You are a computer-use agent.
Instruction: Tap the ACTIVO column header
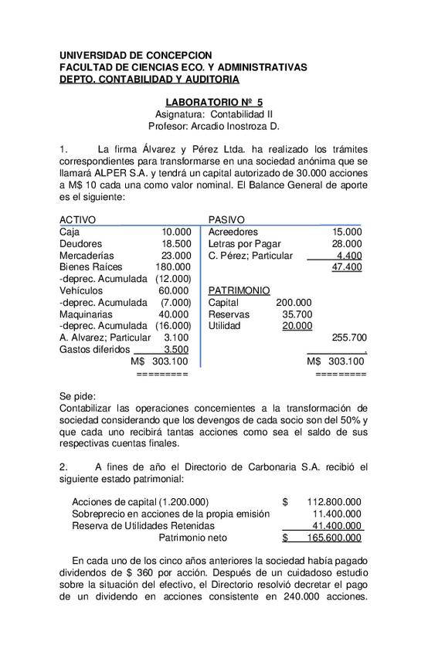(x=78, y=219)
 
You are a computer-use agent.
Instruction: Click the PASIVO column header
(x=226, y=219)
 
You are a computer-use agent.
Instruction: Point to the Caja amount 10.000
(x=176, y=232)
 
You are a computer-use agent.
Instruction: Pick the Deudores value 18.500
(x=176, y=243)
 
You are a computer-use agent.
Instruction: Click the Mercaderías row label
(x=87, y=255)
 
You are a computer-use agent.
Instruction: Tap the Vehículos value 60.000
(x=174, y=290)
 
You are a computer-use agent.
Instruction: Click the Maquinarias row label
(x=86, y=314)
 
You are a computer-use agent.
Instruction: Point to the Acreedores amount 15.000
(x=347, y=232)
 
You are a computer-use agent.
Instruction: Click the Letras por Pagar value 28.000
(x=347, y=243)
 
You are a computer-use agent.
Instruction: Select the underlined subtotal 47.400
(x=347, y=267)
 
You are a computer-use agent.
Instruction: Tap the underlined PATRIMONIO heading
(x=239, y=290)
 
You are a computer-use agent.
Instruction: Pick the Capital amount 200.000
(x=294, y=303)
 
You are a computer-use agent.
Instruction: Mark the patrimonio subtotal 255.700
(x=348, y=338)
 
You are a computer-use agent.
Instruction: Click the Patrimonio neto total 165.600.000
(x=334, y=538)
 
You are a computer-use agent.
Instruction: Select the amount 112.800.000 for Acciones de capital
(x=334, y=501)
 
